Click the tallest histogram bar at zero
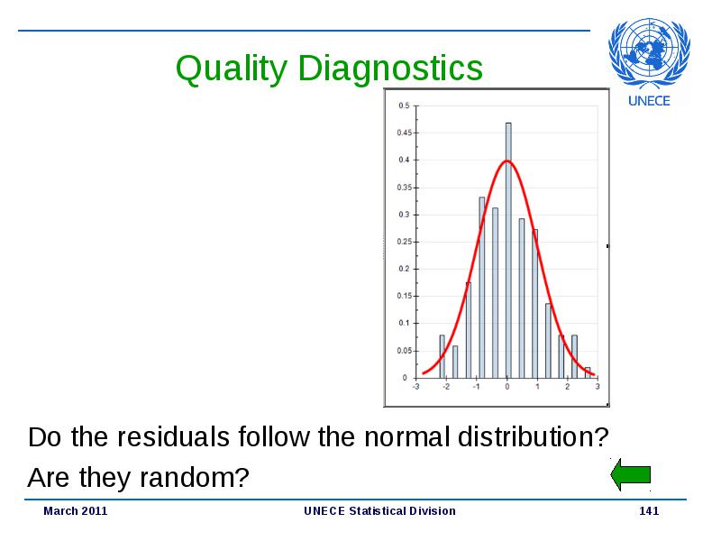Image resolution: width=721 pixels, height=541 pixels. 508,251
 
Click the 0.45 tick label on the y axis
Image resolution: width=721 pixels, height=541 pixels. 404,133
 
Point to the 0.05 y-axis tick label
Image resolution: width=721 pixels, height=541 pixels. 404,351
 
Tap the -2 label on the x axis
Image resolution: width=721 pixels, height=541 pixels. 445,387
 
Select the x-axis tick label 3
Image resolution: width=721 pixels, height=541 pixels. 598,387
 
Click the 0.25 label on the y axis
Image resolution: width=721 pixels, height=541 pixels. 404,242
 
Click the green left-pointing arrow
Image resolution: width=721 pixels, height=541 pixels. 630,474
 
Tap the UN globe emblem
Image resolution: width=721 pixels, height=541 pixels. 649,53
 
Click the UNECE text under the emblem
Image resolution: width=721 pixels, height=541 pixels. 649,101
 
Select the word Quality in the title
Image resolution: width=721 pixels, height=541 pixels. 232,69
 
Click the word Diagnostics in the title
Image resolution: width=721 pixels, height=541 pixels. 390,69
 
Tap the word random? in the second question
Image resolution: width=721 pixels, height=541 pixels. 194,478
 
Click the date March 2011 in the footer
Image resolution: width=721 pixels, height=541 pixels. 76,511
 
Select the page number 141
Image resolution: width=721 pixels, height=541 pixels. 649,511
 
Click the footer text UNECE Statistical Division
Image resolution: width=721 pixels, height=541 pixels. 379,511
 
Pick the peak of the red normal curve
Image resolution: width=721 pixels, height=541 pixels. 507,160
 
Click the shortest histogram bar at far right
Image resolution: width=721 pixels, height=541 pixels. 588,372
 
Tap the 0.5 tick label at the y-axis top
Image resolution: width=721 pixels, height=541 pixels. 404,105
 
